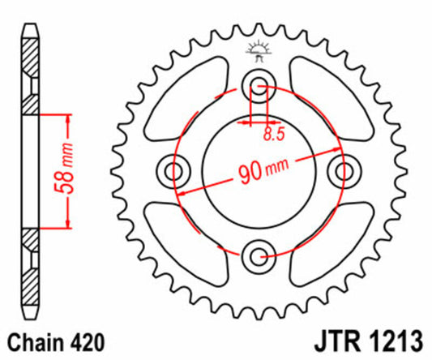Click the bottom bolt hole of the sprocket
(x=259, y=257)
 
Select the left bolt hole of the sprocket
(x=174, y=171)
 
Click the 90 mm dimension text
(x=262, y=172)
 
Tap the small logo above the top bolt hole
(x=259, y=51)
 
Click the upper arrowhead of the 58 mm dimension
(x=67, y=118)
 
